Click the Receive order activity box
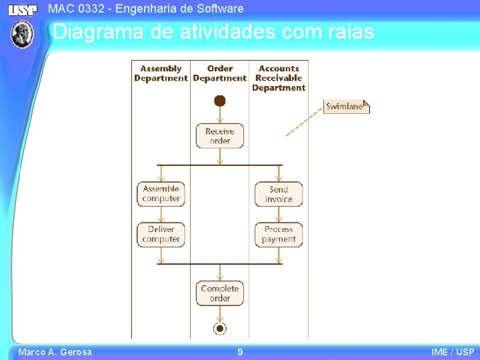(x=219, y=136)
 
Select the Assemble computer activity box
(x=161, y=194)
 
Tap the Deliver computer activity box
(x=161, y=234)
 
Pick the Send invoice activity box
(x=279, y=194)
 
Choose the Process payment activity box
(x=279, y=234)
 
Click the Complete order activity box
(x=219, y=293)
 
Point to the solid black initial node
(x=220, y=101)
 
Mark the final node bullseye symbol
(x=220, y=327)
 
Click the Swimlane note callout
(x=346, y=107)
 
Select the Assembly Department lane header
(x=161, y=73)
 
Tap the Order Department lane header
(x=220, y=73)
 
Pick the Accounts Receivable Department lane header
(x=279, y=78)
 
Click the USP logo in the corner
(x=23, y=9)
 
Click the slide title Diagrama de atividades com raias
(x=213, y=31)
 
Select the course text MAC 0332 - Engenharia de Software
(x=146, y=9)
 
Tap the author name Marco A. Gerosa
(x=55, y=352)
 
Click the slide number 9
(x=240, y=352)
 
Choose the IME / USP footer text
(x=453, y=352)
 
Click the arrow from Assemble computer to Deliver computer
(x=161, y=214)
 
